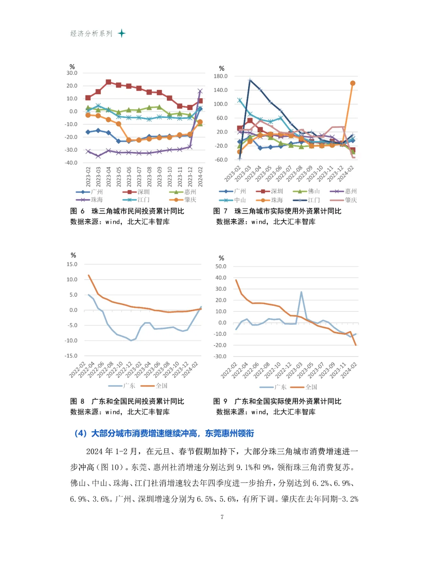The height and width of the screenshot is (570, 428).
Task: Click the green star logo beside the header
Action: pyautogui.click(x=122, y=33)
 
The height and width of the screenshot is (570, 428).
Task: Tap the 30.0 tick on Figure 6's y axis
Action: pyautogui.click(x=72, y=73)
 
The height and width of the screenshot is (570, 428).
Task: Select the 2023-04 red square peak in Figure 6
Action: pyautogui.click(x=109, y=82)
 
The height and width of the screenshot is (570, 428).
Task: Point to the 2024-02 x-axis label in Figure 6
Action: pyautogui.click(x=200, y=177)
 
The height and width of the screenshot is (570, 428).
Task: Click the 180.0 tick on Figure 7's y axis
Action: pyautogui.click(x=220, y=76)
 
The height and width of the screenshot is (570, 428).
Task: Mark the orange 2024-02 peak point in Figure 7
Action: pyautogui.click(x=353, y=83)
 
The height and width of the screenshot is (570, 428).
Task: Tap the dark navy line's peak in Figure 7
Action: pyautogui.click(x=250, y=80)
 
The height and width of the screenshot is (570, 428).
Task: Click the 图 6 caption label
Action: pyautogui.click(x=77, y=211)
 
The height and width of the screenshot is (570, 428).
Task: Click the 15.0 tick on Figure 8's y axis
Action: pyautogui.click(x=72, y=264)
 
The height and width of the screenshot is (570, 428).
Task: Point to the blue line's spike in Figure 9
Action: pyautogui.click(x=301, y=292)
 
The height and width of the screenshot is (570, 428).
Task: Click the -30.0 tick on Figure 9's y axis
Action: pyautogui.click(x=220, y=356)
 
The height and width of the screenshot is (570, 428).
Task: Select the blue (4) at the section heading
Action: pyautogui.click(x=80, y=433)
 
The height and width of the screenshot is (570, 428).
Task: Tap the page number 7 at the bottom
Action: pyautogui.click(x=222, y=517)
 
